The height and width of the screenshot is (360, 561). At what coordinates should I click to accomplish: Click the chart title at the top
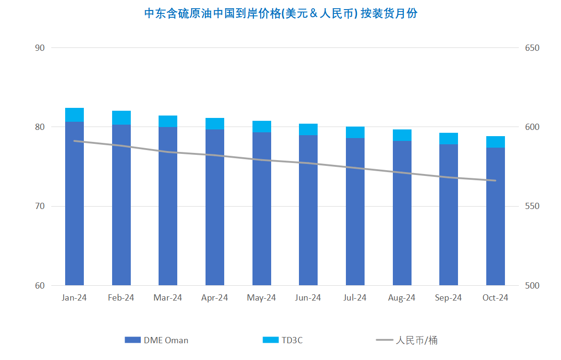281,13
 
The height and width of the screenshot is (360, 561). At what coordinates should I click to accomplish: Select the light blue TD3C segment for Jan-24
74,115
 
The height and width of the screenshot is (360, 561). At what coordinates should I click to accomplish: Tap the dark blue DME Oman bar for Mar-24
168,206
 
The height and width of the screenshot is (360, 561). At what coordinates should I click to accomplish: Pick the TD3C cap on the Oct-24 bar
495,141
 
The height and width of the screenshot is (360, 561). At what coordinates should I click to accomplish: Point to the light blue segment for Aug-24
402,135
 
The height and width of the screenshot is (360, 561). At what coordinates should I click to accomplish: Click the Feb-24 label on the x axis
121,298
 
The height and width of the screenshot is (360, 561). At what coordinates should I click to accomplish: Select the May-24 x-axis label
262,298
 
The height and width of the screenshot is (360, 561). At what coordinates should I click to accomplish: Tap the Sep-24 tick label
448,298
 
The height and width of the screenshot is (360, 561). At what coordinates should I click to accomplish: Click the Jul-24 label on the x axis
355,298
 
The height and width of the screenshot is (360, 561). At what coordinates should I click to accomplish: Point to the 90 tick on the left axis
40,48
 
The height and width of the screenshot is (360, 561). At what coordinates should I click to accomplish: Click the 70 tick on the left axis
40,206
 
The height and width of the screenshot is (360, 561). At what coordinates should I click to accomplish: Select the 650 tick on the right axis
532,48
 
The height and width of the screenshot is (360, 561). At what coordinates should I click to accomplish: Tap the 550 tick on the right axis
532,206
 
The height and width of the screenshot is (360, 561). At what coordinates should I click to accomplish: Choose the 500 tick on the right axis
532,286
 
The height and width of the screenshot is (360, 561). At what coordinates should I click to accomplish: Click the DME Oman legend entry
157,340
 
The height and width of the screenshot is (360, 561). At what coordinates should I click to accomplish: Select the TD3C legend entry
283,340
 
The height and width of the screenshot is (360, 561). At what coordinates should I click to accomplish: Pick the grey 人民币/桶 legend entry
407,340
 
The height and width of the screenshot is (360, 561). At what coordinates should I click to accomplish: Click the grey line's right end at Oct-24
495,180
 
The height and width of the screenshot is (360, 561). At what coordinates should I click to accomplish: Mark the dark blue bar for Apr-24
215,207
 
